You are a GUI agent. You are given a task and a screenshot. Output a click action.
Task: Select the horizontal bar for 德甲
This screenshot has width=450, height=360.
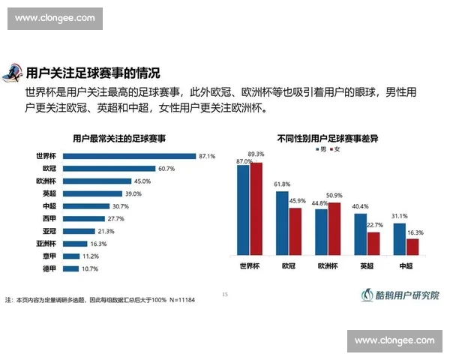coord(71,268)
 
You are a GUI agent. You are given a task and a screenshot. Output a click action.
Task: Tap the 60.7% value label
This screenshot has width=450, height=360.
coord(166,169)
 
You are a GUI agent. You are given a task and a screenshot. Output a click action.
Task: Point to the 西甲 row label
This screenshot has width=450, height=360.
coord(50,218)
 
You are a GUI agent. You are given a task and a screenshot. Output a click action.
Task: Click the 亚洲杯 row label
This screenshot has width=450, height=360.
coord(47,243)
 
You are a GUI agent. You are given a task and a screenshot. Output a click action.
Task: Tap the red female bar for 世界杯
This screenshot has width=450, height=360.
coord(256,210)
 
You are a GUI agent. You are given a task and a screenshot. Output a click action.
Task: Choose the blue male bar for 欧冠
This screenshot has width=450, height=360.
coord(282,225)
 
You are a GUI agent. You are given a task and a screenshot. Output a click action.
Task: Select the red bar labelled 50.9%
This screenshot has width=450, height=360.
coord(334,230)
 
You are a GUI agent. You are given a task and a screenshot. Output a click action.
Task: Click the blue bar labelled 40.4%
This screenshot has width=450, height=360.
coord(361,236)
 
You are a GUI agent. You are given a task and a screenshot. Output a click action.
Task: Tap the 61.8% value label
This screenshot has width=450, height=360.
coord(281,184)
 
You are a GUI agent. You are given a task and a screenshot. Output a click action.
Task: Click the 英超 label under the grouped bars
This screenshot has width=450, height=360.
coord(367,265)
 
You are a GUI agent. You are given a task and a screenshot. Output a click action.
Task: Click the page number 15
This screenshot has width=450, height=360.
coord(224,294)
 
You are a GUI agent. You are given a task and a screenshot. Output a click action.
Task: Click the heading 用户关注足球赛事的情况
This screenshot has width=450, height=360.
coord(93,73)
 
